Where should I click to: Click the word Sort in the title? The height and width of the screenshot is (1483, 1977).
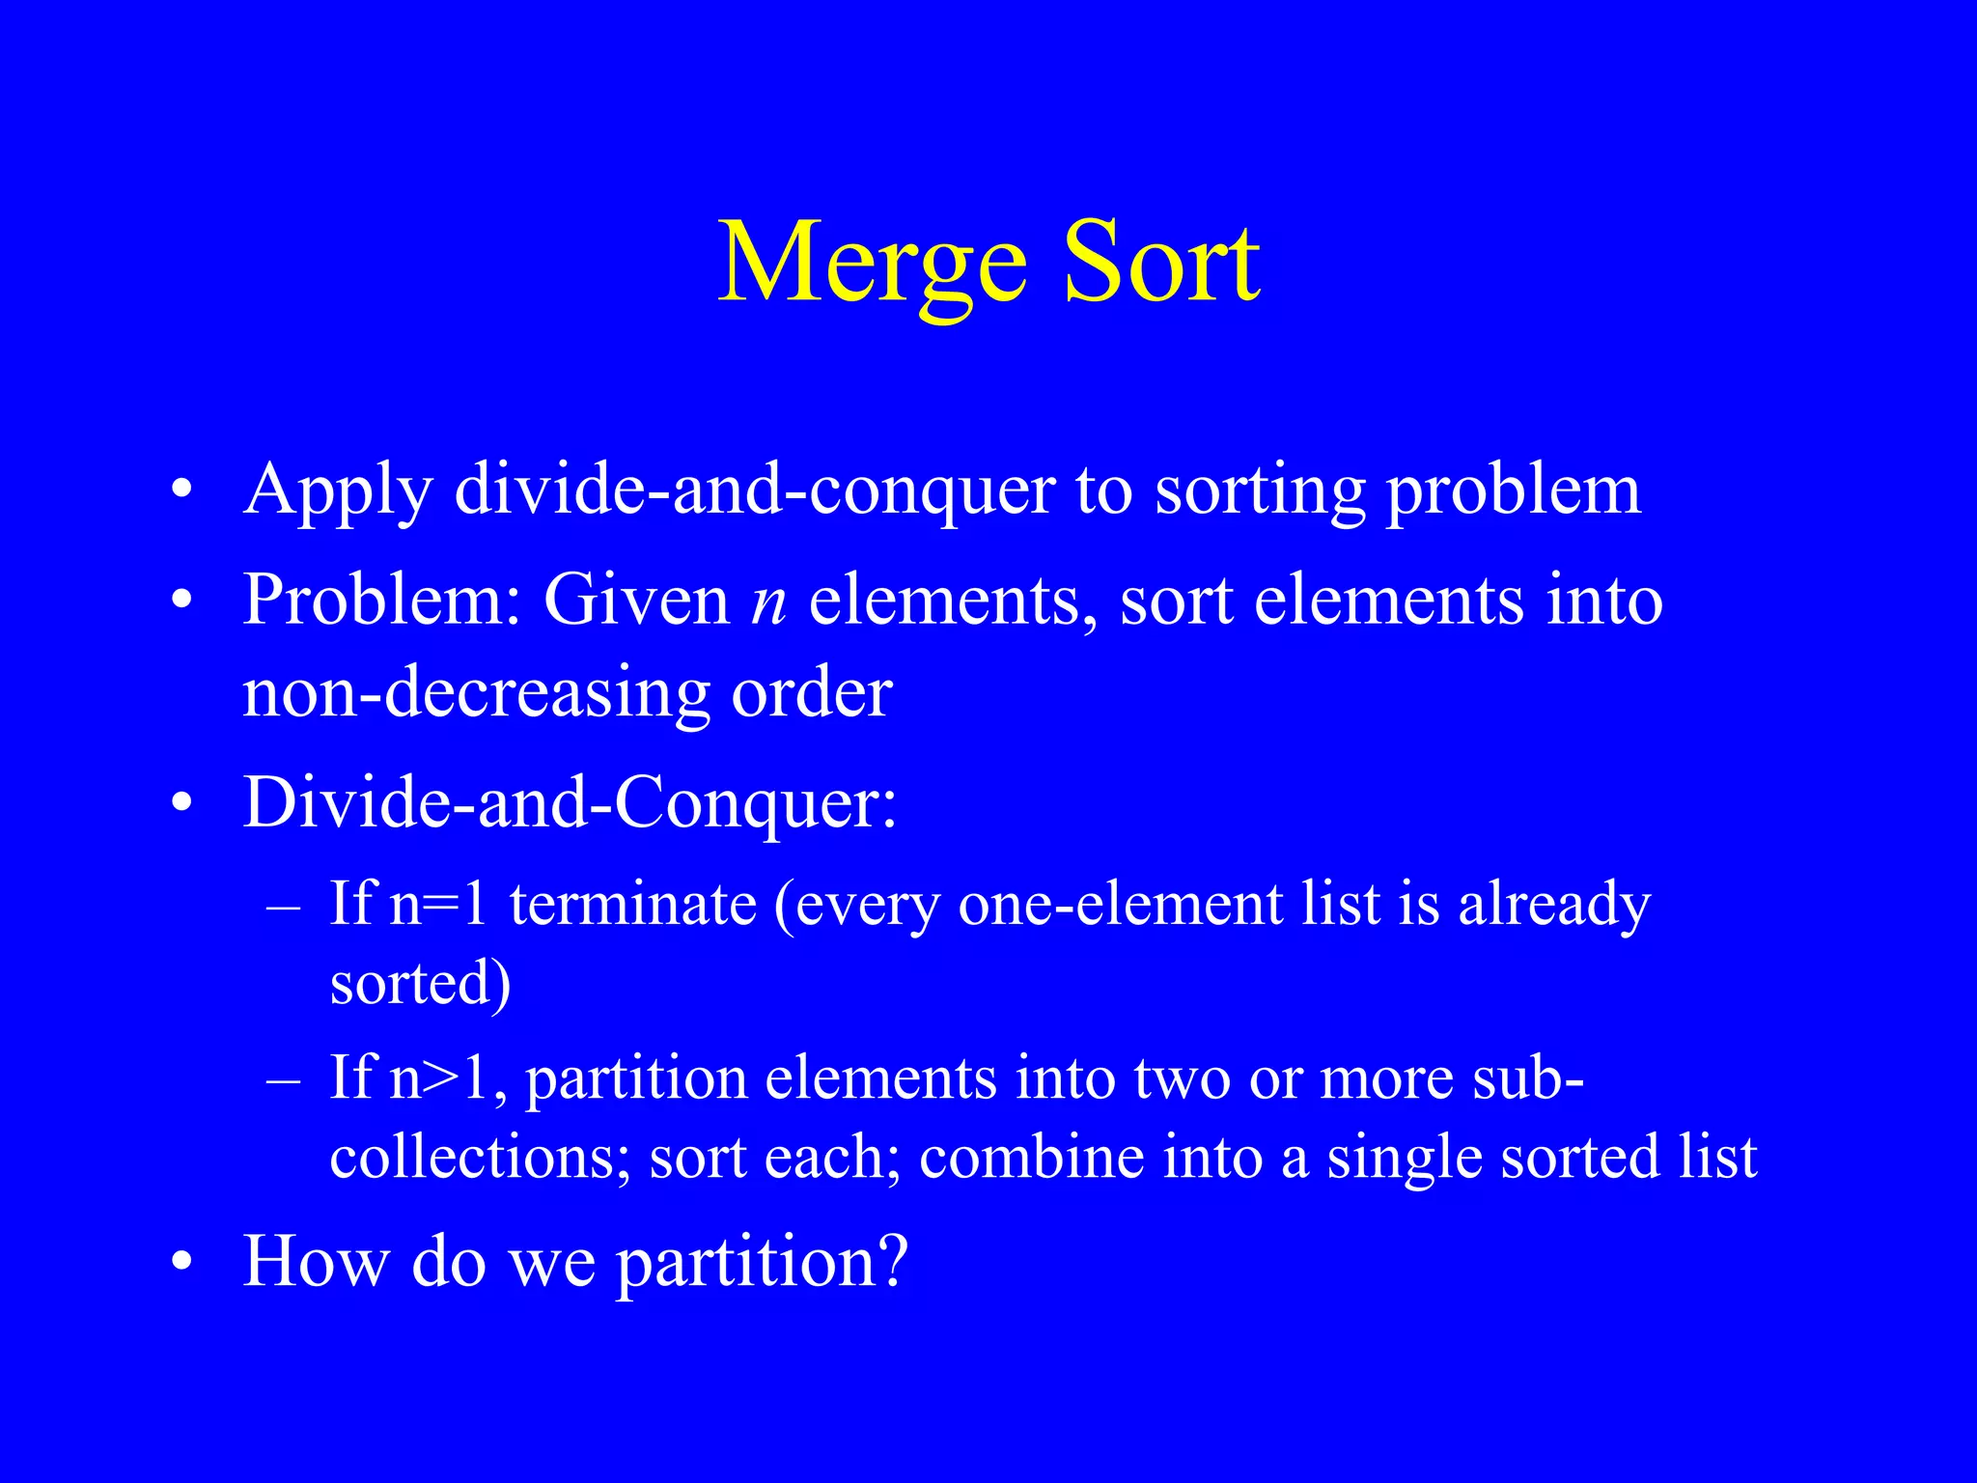tap(1161, 264)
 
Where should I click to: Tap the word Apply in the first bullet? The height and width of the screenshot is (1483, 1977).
tap(338, 492)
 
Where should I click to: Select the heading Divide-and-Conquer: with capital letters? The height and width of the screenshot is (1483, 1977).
tap(570, 803)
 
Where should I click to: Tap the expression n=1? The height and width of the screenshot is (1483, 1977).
tap(438, 906)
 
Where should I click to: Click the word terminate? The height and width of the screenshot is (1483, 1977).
tap(633, 906)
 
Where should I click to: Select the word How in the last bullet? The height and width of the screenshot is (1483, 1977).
tap(315, 1261)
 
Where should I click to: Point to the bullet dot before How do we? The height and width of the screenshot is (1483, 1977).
tap(181, 1264)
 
